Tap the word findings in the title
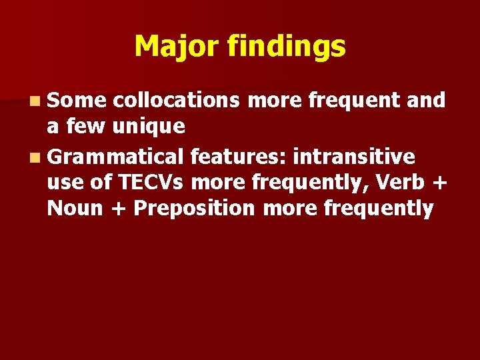286,47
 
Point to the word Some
77,100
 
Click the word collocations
177,100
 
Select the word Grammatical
115,157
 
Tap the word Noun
75,209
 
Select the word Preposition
195,209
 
